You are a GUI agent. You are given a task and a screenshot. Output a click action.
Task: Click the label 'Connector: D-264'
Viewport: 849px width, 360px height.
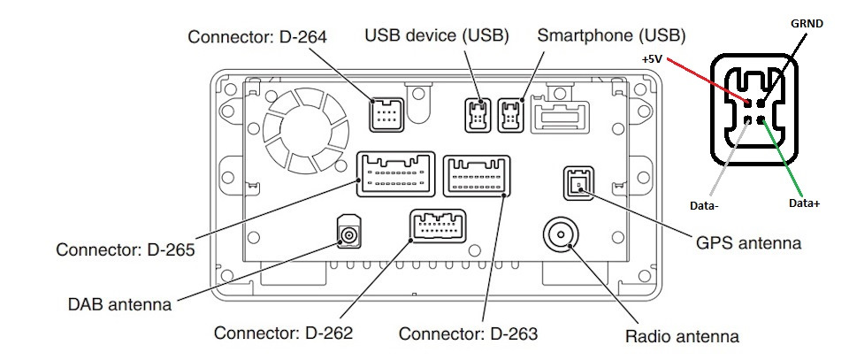(257, 37)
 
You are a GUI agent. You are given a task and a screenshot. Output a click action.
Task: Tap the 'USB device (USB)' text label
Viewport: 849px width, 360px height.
(437, 36)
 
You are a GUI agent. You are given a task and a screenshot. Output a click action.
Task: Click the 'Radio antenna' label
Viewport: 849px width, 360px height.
(681, 336)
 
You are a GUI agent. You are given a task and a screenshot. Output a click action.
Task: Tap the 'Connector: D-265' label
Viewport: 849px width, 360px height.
(125, 249)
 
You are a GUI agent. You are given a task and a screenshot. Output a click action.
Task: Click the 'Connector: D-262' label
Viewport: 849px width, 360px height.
(283, 333)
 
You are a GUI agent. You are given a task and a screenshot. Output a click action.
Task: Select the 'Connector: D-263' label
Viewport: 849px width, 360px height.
(468, 334)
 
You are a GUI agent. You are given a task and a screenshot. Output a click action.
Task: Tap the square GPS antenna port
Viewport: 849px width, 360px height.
(577, 184)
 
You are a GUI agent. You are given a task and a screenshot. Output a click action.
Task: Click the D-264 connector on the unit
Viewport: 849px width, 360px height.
(386, 116)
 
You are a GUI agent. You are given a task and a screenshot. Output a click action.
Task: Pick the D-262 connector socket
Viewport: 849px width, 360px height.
(438, 226)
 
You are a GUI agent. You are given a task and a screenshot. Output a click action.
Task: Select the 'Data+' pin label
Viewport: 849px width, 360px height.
(803, 203)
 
